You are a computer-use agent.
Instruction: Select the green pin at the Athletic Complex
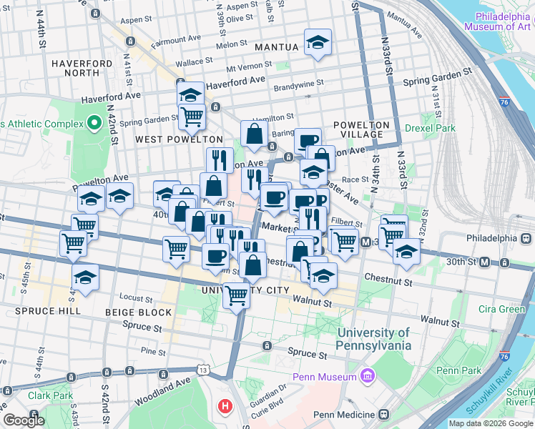94,124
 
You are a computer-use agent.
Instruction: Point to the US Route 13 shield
204,370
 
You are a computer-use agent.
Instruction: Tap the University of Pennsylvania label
374,339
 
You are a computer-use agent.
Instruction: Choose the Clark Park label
51,395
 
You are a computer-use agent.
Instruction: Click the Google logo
23,421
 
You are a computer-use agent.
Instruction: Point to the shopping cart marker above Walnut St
236,294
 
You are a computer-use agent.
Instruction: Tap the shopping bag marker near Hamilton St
254,133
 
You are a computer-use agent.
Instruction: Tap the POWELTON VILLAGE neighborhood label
361,130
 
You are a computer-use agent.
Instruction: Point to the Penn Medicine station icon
384,415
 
